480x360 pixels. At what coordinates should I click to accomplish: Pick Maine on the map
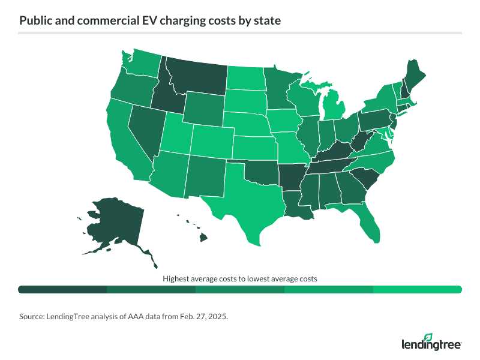pyautogui.click(x=413, y=74)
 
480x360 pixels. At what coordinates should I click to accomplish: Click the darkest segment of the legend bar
pyautogui.click(x=62, y=289)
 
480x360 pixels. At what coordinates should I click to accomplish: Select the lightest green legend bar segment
pyautogui.click(x=418, y=289)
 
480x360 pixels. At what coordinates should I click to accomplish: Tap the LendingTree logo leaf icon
pyautogui.click(x=427, y=337)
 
